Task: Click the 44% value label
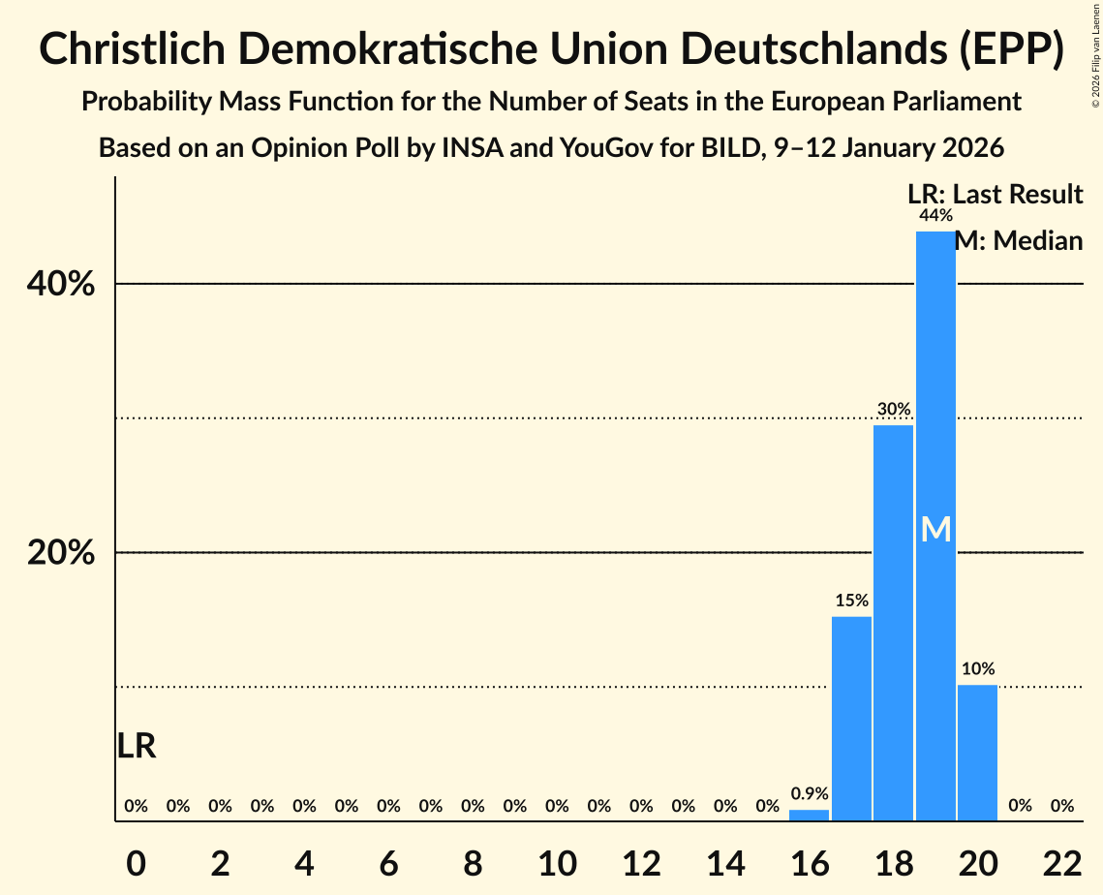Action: click(x=935, y=215)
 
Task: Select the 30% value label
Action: click(x=893, y=410)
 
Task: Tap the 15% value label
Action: click(x=851, y=601)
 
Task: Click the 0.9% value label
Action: click(x=810, y=793)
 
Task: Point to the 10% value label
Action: click(x=977, y=669)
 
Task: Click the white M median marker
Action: click(x=935, y=529)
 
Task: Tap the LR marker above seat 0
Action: click(x=137, y=746)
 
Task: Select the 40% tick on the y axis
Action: click(x=59, y=285)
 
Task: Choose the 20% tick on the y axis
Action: click(x=59, y=553)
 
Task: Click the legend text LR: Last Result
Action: click(x=995, y=195)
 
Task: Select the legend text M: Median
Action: click(x=1018, y=241)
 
